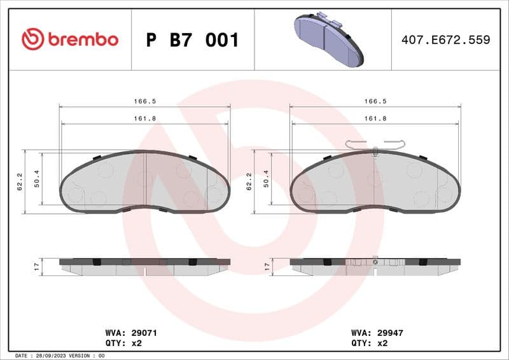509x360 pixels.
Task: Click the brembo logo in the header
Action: pyautogui.click(x=70, y=39)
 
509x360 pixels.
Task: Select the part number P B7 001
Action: pyautogui.click(x=193, y=40)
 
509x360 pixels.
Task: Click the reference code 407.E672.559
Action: pyautogui.click(x=445, y=40)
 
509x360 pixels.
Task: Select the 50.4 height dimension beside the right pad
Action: pyautogui.click(x=266, y=182)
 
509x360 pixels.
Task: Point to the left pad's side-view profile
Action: pyautogui.click(x=145, y=266)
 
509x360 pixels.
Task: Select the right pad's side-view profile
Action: pyautogui.click(x=375, y=266)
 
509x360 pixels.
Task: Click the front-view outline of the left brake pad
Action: pyautogui.click(x=145, y=181)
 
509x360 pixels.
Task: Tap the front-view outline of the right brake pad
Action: pyautogui.click(x=375, y=181)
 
